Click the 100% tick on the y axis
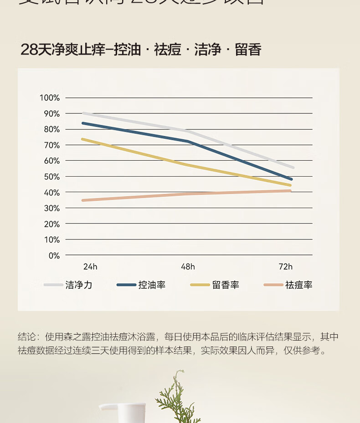pos(50,97)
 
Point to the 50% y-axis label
pos(51,177)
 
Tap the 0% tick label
pos(54,255)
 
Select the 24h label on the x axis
pos(90,267)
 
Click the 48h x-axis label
pos(188,267)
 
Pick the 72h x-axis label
pos(286,267)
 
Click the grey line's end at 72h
pos(293,168)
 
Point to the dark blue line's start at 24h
pos(83,123)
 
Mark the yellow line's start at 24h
pos(82,139)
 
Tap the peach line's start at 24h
pos(83,200)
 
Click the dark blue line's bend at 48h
pos(188,141)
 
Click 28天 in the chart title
pos(36,49)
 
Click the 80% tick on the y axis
pos(51,129)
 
